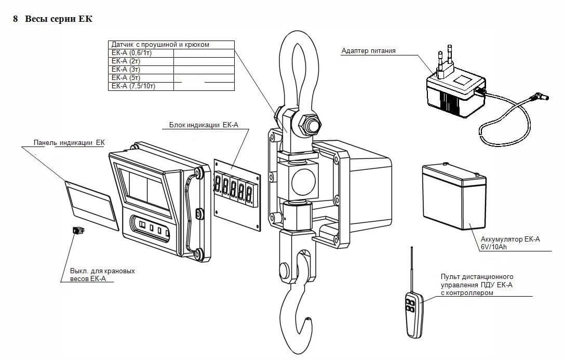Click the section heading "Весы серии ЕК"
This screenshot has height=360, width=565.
click(58, 19)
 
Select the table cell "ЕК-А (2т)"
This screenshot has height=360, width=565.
click(126, 61)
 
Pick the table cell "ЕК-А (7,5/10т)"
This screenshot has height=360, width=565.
click(133, 86)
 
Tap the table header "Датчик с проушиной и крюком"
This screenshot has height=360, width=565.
click(160, 45)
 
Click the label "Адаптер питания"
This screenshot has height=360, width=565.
click(368, 51)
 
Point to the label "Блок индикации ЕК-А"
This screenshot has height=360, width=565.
click(204, 125)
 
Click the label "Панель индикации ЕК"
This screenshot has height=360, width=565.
click(69, 143)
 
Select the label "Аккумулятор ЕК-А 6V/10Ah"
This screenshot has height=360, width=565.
click(510, 243)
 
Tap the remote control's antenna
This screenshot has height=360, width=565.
click(412, 270)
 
